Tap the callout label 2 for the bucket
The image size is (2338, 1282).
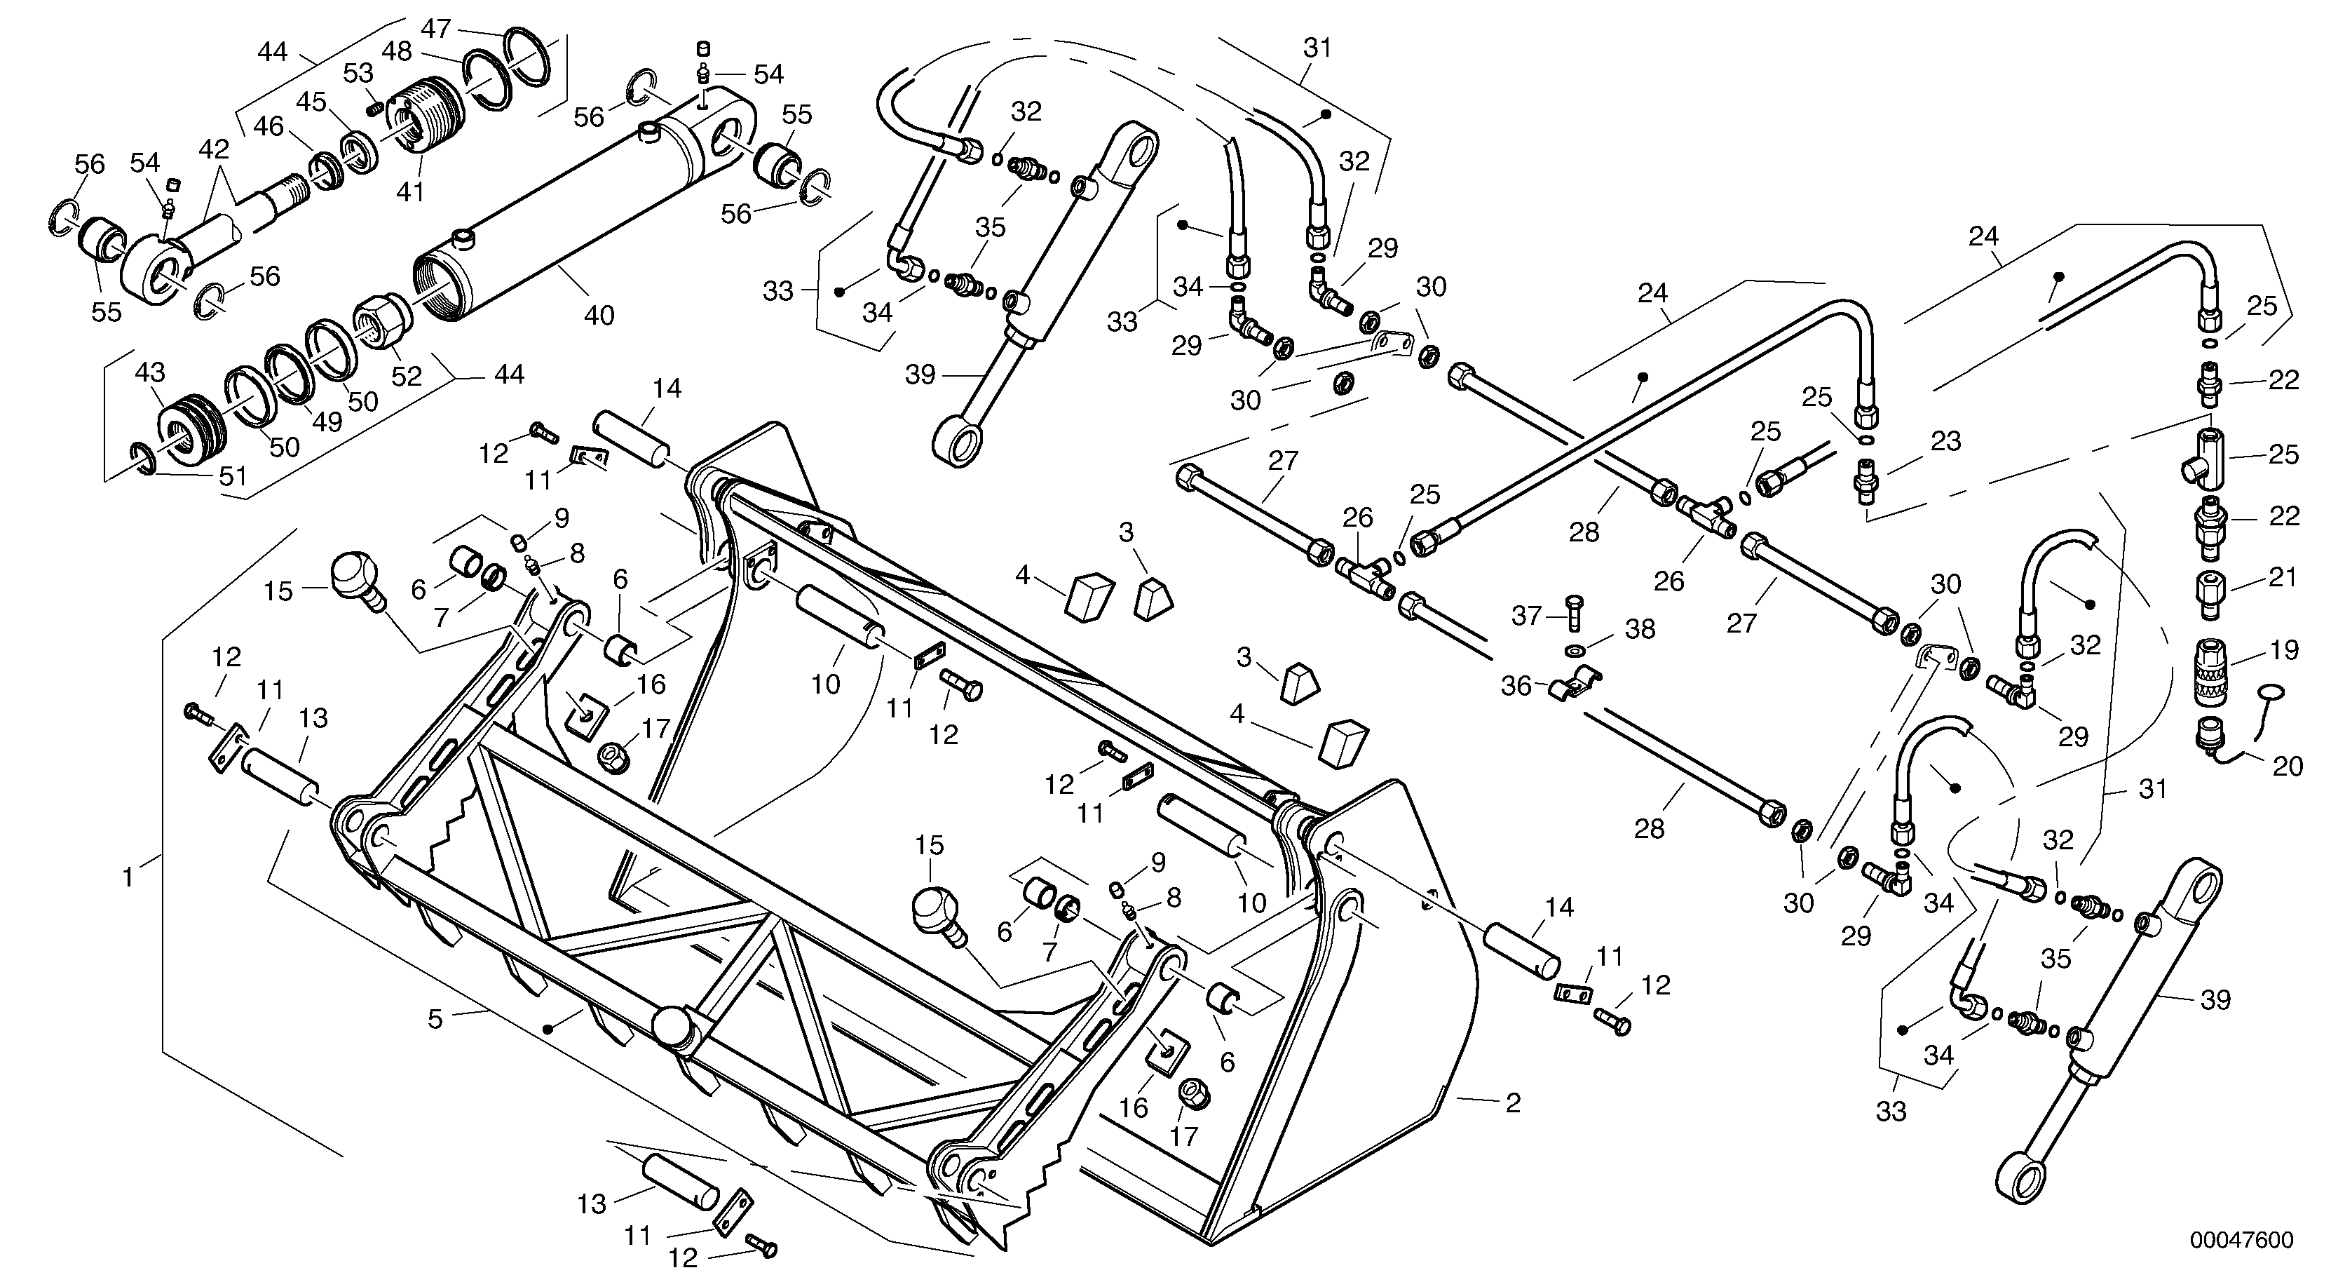[1513, 1104]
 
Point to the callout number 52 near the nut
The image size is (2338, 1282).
[407, 376]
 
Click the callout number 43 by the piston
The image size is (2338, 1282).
[151, 372]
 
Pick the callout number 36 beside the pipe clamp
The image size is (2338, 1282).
[1516, 687]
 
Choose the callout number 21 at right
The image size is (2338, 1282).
[2283, 576]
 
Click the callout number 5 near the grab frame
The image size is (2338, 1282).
[435, 1019]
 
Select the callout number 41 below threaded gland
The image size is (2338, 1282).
[410, 191]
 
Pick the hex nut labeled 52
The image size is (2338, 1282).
[381, 323]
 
